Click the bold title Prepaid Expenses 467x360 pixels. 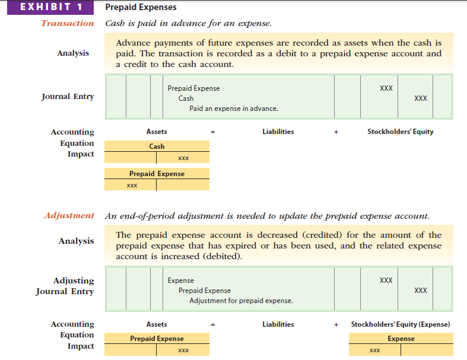pos(141,8)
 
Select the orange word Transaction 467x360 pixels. pos(67,23)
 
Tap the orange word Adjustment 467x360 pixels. pos(69,215)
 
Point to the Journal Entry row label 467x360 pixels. pos(68,97)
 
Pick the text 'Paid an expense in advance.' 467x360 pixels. pos(234,109)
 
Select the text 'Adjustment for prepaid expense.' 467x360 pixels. pos(241,301)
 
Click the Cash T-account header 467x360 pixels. pos(157,146)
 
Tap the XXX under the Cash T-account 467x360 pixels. pos(183,158)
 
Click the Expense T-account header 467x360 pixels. pos(401,339)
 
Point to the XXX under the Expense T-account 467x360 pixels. pos(374,351)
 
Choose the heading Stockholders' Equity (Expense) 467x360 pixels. pos(401,324)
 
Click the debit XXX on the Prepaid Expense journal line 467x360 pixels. pos(386,88)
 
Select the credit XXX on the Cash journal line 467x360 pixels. pos(420,98)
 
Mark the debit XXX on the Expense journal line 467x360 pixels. pos(386,281)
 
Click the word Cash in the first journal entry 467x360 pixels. pos(186,98)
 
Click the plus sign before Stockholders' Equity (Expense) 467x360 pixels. pos(336,324)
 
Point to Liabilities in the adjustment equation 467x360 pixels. pos(278,324)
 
